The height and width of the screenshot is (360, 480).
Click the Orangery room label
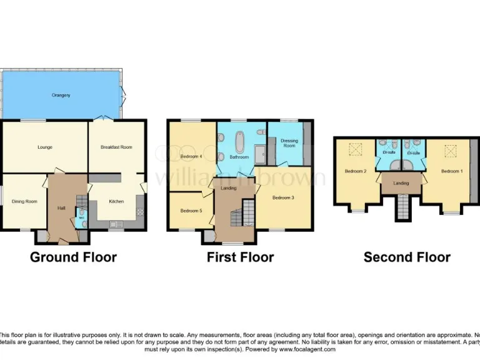point(61,95)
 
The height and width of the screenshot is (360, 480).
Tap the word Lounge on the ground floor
point(44,147)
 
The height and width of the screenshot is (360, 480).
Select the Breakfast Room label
point(117,147)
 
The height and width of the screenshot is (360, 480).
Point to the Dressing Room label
point(289,143)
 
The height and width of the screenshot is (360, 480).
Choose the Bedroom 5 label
point(191,211)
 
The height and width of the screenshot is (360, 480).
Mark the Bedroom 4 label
point(191,156)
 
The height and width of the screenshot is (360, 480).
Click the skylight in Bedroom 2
point(356,149)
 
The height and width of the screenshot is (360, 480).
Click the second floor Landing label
point(401,183)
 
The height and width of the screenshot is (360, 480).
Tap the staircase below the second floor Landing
point(401,207)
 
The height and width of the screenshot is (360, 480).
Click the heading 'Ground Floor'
point(73,257)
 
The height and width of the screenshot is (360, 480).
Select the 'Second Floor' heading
point(407,257)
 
